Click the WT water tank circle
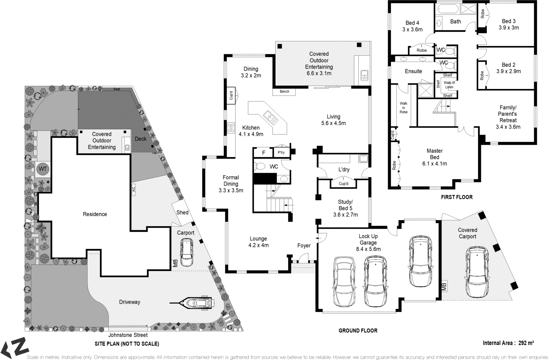coord(42,169)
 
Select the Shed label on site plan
coord(182,212)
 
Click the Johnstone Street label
coord(128,335)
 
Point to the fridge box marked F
coord(264,152)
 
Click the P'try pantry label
coord(281,152)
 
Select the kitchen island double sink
coord(271,117)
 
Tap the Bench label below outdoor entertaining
coord(284,92)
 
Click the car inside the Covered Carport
coord(477,272)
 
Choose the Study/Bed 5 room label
coord(345,208)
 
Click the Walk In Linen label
coord(449,85)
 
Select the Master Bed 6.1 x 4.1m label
coord(434,157)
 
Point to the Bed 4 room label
coord(412,26)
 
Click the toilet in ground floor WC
coord(260,167)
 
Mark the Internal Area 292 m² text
coord(508,343)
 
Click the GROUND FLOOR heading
coord(358,331)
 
